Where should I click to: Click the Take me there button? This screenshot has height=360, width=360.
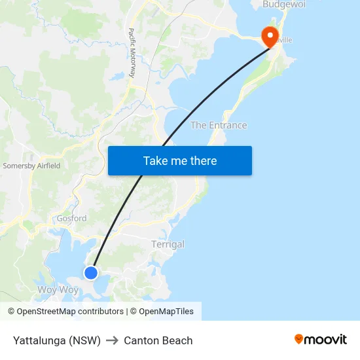(x=179, y=161)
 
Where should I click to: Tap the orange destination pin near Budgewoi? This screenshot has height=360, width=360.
(x=269, y=37)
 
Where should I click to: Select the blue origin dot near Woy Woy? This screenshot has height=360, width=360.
(x=91, y=273)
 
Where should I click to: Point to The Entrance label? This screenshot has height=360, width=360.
(x=219, y=125)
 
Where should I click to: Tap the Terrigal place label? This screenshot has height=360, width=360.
(x=168, y=244)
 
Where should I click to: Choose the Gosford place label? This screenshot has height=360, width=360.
(x=71, y=219)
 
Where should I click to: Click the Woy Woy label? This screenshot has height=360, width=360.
(x=58, y=289)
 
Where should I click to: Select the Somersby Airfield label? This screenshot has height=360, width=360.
(x=31, y=166)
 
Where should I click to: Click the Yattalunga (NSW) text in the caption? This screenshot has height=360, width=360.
(x=57, y=340)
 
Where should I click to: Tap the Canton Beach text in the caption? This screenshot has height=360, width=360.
(x=158, y=340)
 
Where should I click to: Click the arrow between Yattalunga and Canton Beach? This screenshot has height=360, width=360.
(x=112, y=340)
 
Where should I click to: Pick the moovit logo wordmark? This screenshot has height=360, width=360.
(x=326, y=340)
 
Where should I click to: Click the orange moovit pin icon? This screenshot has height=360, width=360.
(x=299, y=339)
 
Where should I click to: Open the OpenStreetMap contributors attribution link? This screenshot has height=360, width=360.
(x=65, y=312)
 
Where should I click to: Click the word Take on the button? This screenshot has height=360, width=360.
(x=155, y=161)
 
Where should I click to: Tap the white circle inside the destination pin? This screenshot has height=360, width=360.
(x=269, y=34)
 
